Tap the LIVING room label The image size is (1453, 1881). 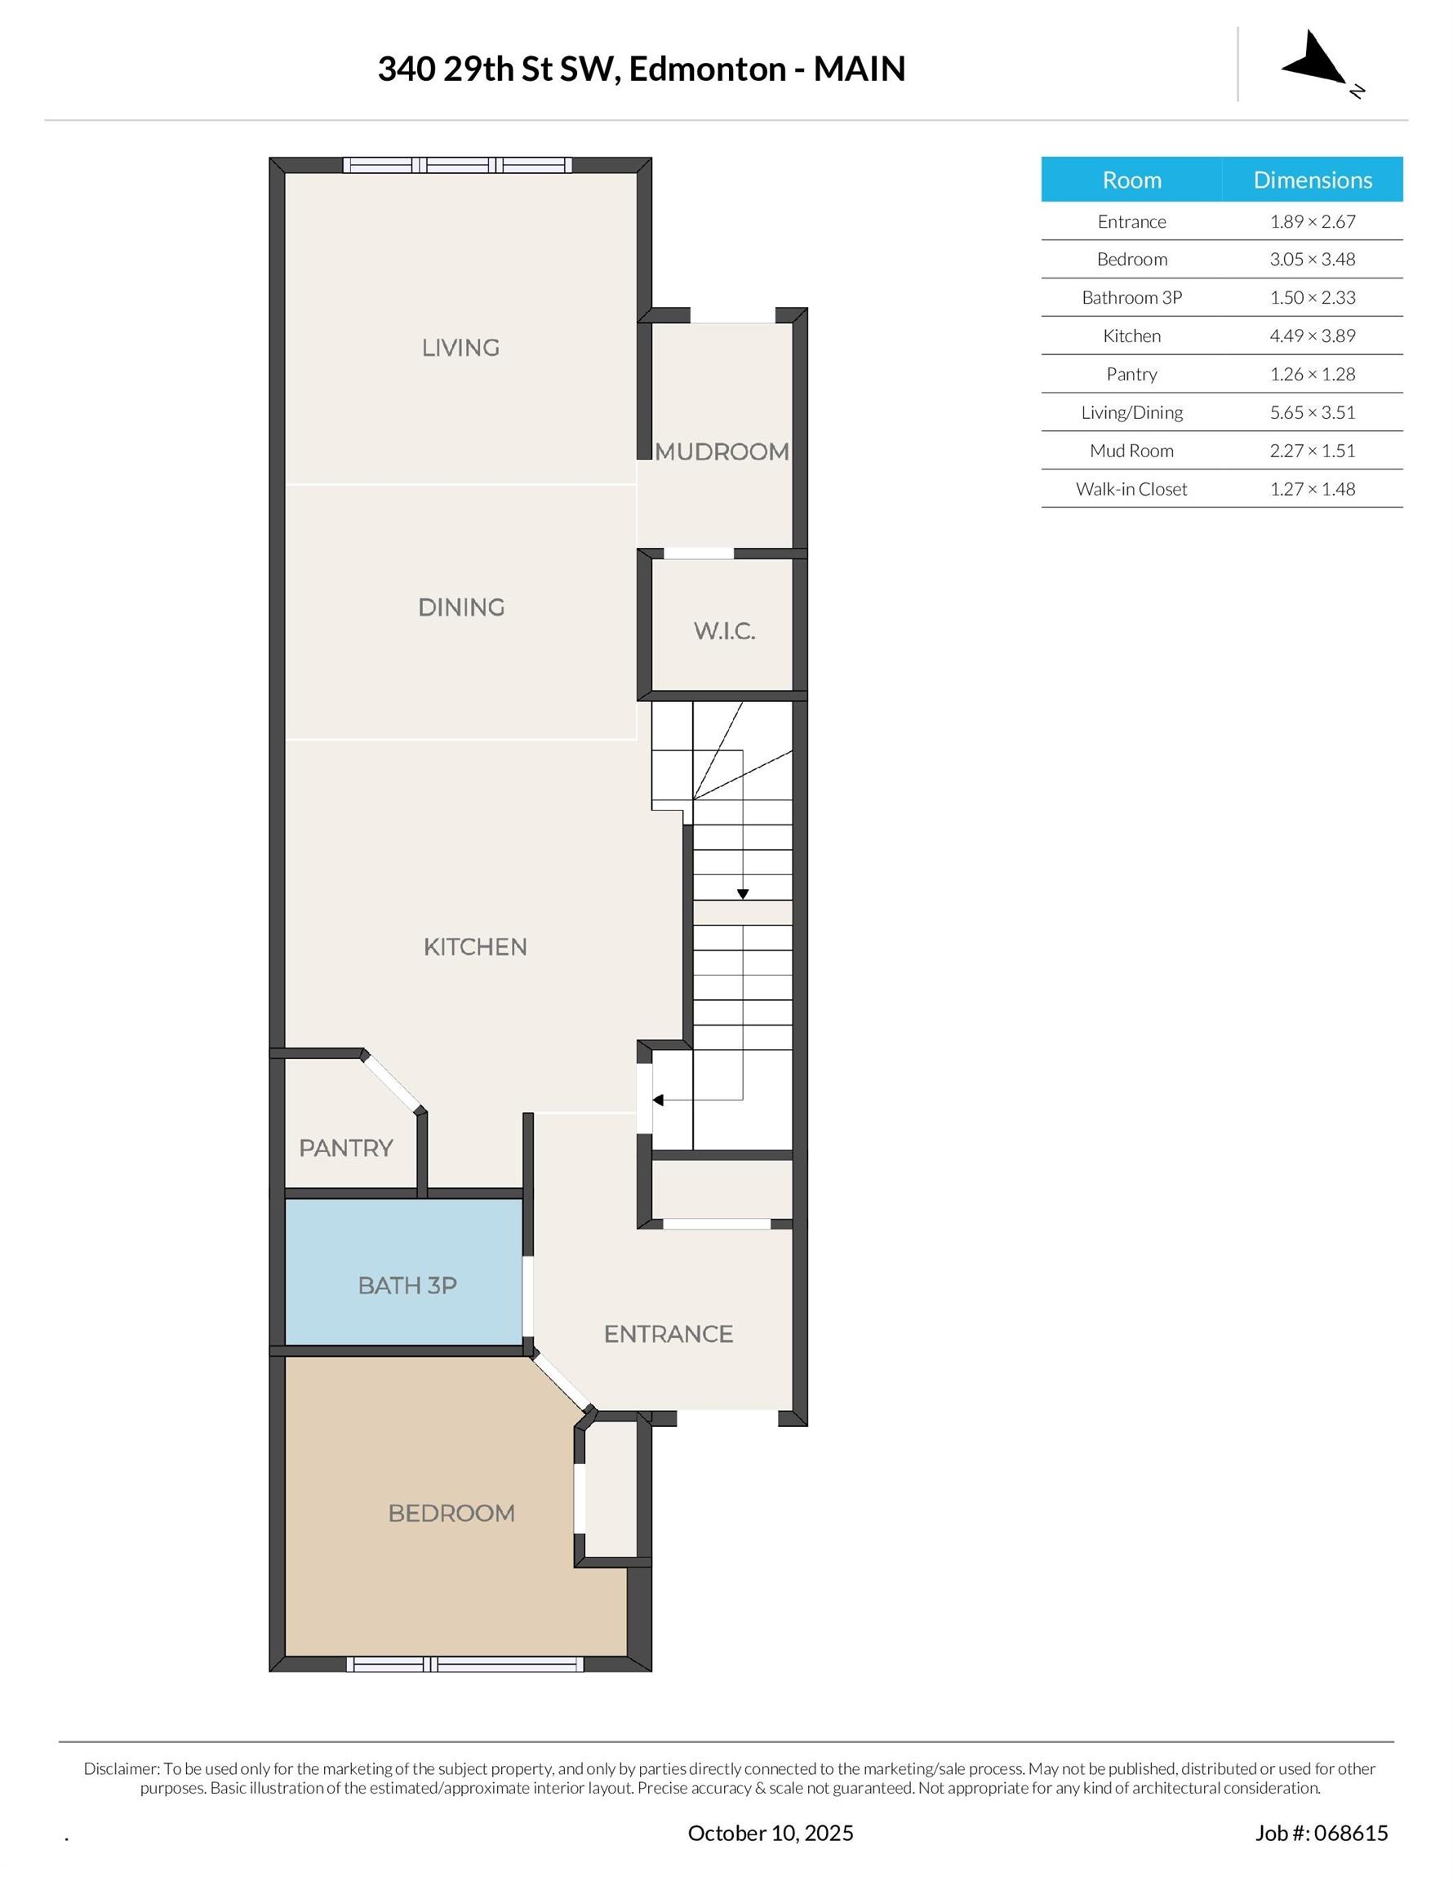click(460, 348)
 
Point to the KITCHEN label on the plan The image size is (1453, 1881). click(474, 947)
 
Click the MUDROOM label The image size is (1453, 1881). click(722, 452)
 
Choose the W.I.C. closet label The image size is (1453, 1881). click(724, 631)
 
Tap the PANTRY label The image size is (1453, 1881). click(345, 1148)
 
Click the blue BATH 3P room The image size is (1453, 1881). click(404, 1272)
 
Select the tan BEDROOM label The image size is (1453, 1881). click(451, 1514)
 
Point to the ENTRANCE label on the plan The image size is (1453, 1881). click(669, 1334)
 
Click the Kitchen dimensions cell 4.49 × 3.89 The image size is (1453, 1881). click(1312, 336)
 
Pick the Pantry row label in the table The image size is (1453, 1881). click(1131, 375)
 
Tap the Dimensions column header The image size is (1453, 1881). click(1313, 180)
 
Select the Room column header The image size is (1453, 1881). click(1131, 180)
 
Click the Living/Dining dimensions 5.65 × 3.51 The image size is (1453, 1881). click(1312, 412)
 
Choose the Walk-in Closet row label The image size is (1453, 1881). click(1131, 489)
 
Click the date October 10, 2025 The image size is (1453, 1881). click(770, 1833)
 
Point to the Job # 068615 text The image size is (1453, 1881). click(1322, 1833)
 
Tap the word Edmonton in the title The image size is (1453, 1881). click(707, 69)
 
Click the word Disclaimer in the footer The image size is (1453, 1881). click(122, 1769)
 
